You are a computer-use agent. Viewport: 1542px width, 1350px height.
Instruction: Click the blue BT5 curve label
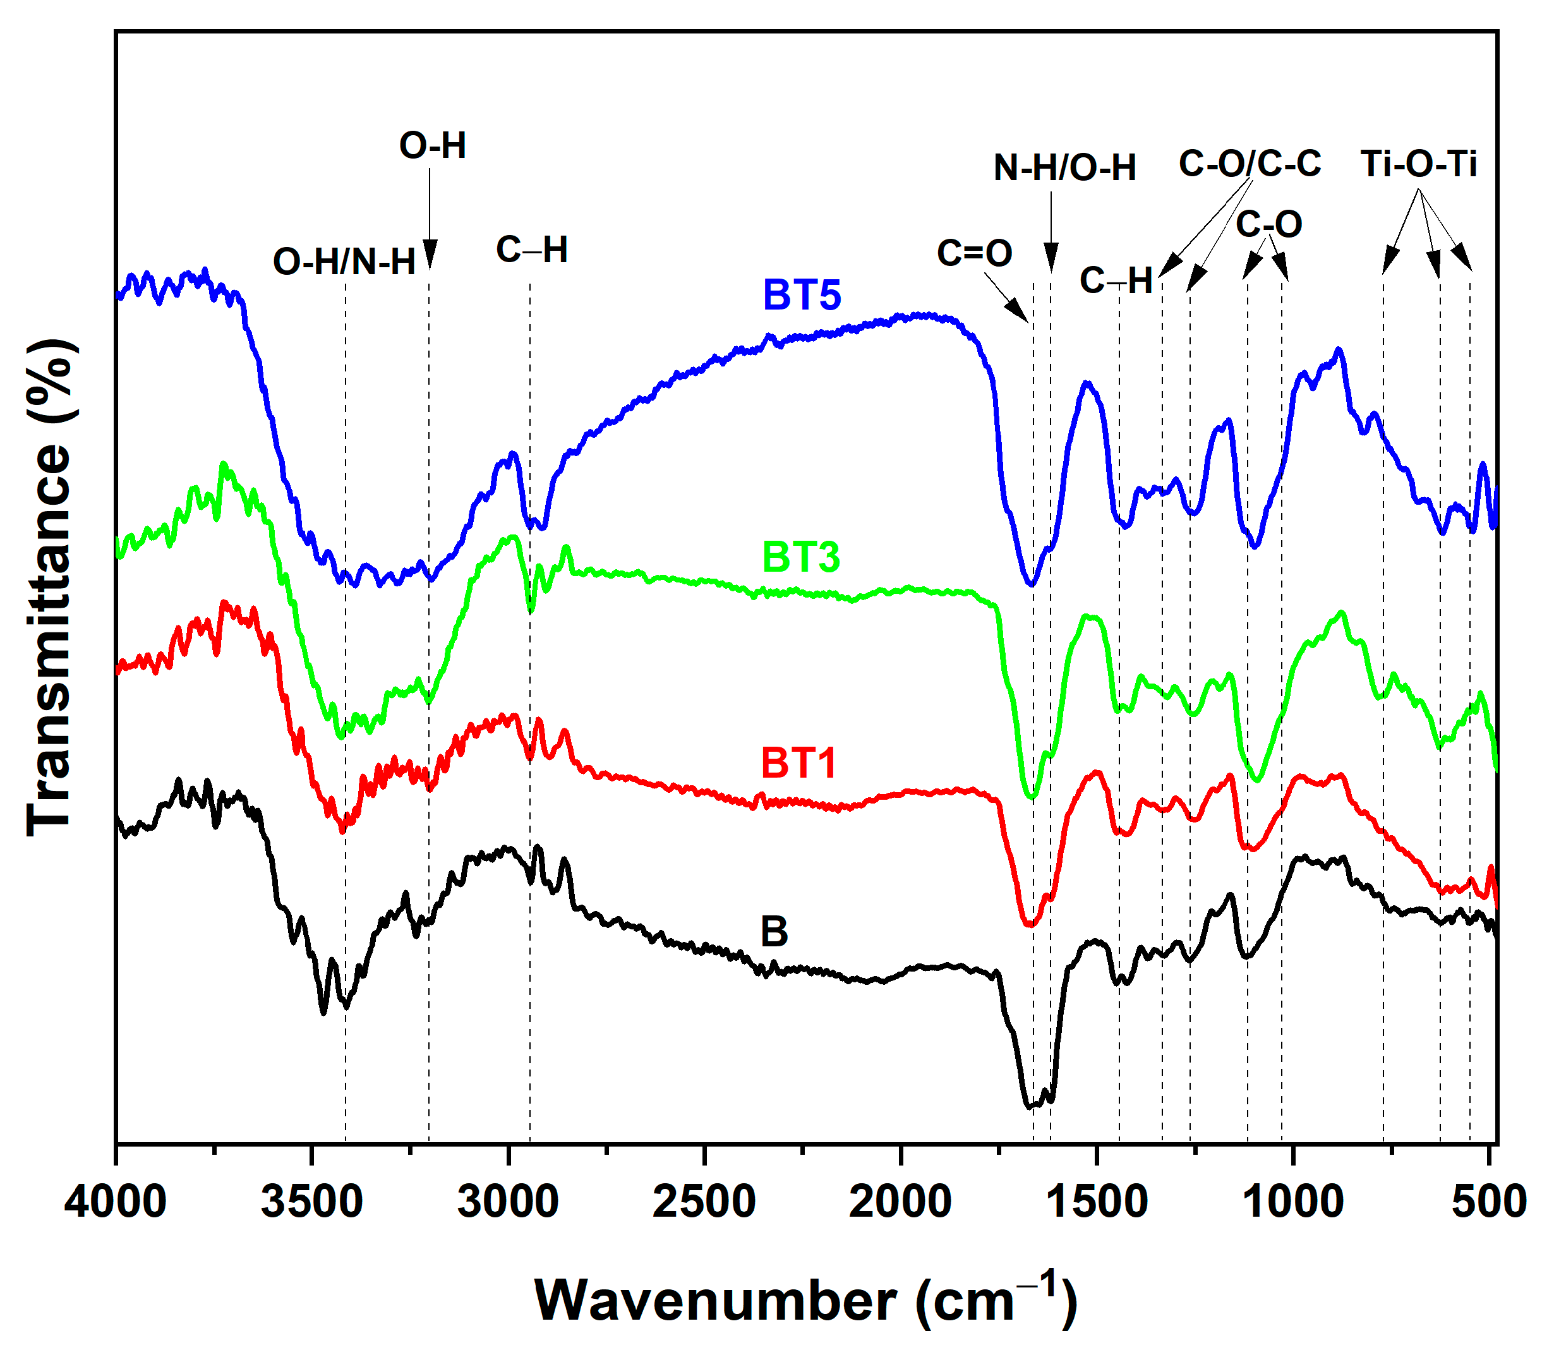pos(802,294)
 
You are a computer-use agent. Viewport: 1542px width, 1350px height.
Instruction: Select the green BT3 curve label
pos(801,557)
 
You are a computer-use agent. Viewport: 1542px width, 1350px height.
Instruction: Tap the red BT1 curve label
pos(798,762)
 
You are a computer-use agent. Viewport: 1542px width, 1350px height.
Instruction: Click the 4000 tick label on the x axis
pos(114,1201)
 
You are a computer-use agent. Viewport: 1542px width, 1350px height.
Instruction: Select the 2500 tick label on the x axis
pos(704,1201)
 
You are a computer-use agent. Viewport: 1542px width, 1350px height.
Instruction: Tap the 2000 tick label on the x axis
pos(900,1201)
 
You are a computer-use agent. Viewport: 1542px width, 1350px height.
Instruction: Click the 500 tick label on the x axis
pos(1490,1201)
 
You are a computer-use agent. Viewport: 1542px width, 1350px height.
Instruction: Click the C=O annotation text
pos(974,253)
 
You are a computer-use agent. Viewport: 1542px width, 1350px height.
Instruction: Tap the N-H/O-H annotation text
pos(1064,167)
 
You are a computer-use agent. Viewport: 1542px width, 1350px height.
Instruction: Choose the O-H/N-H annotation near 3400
pos(344,262)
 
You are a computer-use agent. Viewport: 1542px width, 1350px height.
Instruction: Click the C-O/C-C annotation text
pos(1250,163)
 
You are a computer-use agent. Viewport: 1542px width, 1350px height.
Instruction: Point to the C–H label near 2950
pos(532,250)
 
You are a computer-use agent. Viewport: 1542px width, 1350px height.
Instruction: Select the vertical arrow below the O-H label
pos(430,219)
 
